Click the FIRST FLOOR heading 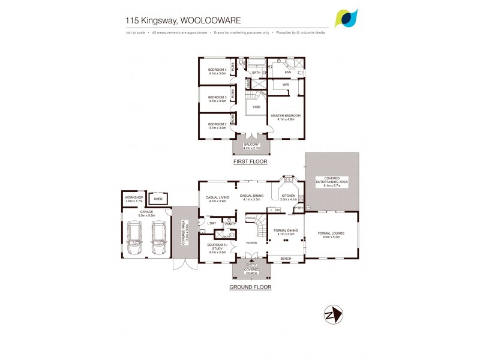(x=251, y=161)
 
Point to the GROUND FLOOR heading (x=250, y=287)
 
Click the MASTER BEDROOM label (x=285, y=115)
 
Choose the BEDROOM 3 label (x=217, y=97)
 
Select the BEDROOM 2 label (x=217, y=124)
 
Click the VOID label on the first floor (x=256, y=107)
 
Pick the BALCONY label (x=251, y=145)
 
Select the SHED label (x=158, y=199)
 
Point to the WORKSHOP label (x=134, y=197)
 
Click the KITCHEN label (x=289, y=196)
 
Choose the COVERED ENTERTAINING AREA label (x=332, y=179)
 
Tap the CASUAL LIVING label (x=217, y=197)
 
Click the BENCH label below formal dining (x=286, y=259)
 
